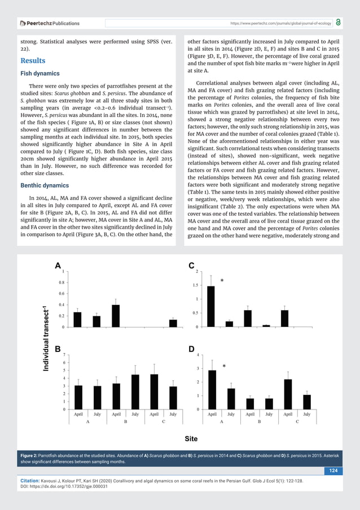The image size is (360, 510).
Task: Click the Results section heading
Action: point(33,60)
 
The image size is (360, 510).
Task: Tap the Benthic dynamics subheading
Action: point(47,185)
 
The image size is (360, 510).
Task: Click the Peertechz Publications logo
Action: point(50,23)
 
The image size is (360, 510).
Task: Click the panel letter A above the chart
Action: point(58,266)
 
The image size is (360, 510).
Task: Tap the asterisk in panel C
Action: point(222,281)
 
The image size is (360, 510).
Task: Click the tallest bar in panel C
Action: point(211,306)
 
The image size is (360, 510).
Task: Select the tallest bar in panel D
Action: point(212,390)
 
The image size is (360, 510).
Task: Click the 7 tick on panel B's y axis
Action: point(65,355)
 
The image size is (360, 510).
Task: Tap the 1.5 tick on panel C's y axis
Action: point(195,285)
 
